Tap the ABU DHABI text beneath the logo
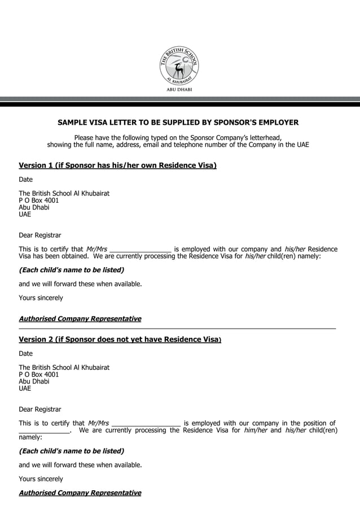click(x=179, y=89)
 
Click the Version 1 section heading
click(x=118, y=165)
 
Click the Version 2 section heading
click(x=120, y=339)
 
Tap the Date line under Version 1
click(x=26, y=180)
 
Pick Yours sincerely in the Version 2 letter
click(x=41, y=479)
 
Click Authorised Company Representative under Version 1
click(x=80, y=319)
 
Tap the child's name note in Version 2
click(x=71, y=451)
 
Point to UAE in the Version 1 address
click(x=25, y=215)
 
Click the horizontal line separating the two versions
click(x=177, y=328)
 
